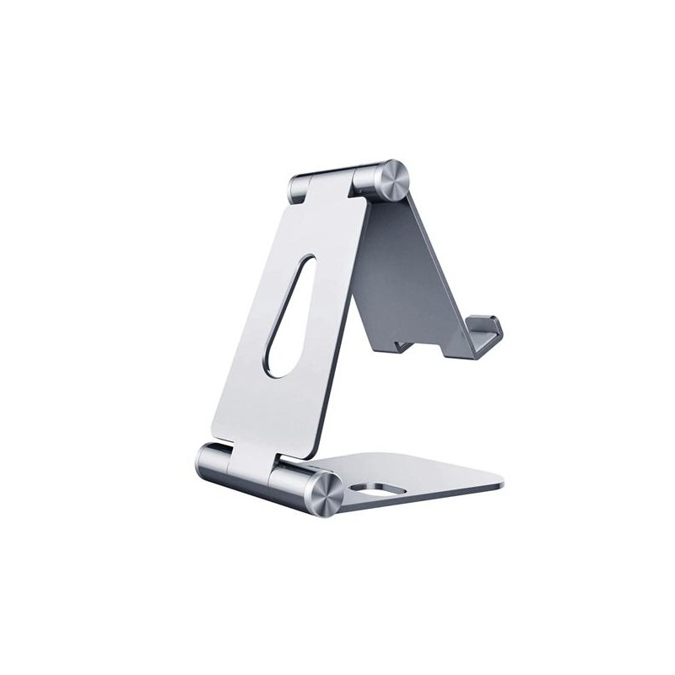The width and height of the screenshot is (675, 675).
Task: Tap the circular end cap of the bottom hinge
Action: pos(324,494)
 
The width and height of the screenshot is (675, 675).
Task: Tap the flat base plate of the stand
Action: pos(422,477)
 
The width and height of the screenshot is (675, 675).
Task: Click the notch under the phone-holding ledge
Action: pos(403,344)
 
